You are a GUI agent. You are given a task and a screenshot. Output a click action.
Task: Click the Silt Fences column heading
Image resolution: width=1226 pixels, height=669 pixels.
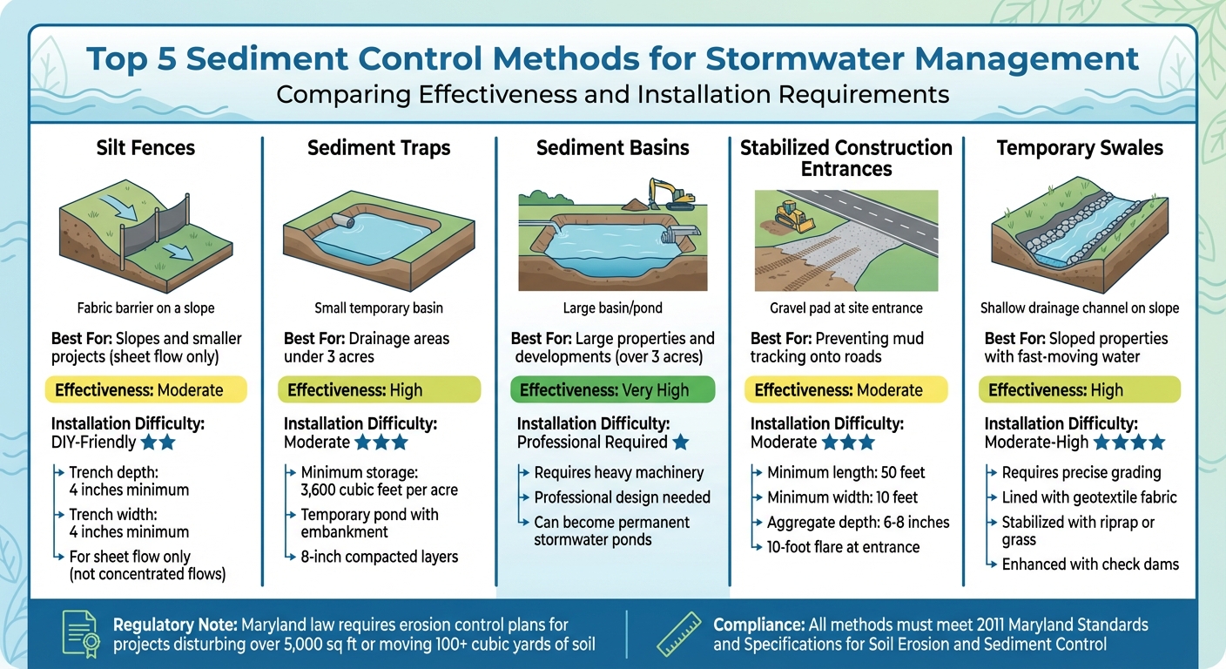click(x=145, y=148)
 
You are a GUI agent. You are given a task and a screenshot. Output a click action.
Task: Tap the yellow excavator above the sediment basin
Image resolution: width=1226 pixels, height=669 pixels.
click(x=670, y=193)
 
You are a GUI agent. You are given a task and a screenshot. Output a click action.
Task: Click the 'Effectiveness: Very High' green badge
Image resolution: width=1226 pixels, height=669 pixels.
click(x=612, y=389)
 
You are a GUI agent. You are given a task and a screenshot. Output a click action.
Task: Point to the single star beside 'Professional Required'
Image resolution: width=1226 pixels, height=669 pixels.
click(x=681, y=443)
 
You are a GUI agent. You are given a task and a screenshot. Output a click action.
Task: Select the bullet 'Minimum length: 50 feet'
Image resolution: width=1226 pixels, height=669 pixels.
click(x=845, y=473)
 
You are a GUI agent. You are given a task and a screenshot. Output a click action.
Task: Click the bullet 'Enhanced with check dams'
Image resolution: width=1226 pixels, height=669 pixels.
click(x=1090, y=564)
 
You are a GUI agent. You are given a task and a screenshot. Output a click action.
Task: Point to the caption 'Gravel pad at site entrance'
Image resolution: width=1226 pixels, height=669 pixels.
click(x=845, y=307)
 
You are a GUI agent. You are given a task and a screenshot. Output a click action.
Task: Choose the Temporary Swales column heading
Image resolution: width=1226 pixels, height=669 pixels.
click(x=1080, y=148)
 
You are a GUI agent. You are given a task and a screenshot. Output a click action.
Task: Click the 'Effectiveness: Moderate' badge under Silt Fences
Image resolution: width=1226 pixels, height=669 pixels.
click(x=145, y=389)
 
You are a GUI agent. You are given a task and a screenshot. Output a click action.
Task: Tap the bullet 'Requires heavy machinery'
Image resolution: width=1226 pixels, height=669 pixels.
click(x=618, y=473)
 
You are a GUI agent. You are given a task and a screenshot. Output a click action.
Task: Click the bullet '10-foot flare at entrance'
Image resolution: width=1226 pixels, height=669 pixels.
click(x=843, y=547)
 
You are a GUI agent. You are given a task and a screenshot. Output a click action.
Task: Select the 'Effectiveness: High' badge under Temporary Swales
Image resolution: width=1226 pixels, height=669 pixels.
click(x=1080, y=389)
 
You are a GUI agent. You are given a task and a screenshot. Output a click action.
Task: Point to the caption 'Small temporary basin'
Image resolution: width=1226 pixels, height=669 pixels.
click(x=379, y=307)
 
